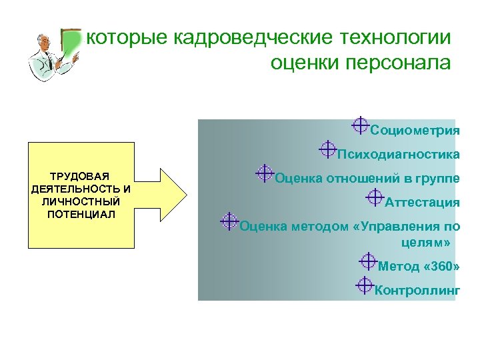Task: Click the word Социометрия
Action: pos(415,130)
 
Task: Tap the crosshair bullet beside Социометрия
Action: pos(359,125)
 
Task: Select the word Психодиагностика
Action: pos(398,155)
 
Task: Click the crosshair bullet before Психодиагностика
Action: pos(327,149)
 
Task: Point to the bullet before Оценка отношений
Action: pos(265,173)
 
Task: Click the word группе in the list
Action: pos(438,178)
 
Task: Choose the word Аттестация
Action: pos(422,203)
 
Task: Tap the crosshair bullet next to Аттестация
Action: pos(375,197)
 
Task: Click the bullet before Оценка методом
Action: pos(229,221)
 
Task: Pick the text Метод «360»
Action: pos(419,267)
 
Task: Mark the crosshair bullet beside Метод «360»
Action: pos(368,261)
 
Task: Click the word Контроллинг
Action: pos(417,290)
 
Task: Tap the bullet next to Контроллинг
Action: pos(364,285)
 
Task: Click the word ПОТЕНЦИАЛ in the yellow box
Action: pos(81,214)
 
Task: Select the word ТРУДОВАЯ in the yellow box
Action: pos(81,177)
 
